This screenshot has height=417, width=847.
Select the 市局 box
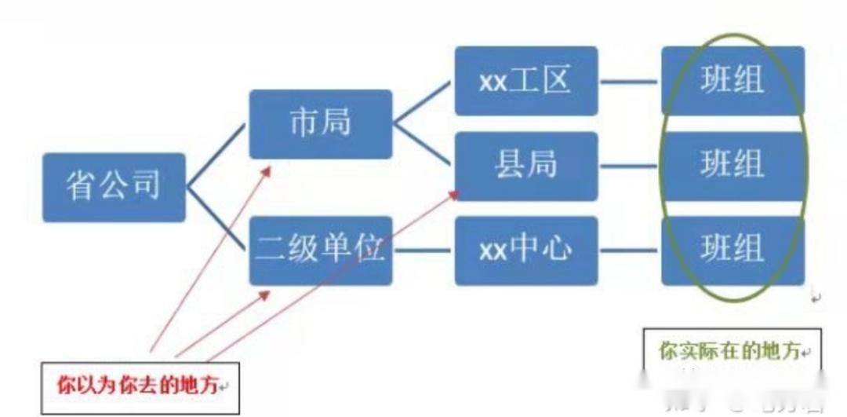point(320,124)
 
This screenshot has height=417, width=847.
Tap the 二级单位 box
point(320,251)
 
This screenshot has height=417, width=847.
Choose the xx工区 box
point(525,81)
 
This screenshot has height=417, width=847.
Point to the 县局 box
point(525,166)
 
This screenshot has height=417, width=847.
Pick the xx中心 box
point(525,251)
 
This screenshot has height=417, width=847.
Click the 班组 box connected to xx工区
point(732,81)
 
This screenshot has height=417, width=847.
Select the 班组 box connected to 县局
point(732,166)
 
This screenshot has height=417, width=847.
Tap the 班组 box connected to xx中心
point(732,251)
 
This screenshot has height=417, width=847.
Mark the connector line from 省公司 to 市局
point(216,155)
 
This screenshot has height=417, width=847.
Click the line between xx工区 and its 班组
point(629,81)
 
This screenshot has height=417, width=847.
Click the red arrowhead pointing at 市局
point(267,171)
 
